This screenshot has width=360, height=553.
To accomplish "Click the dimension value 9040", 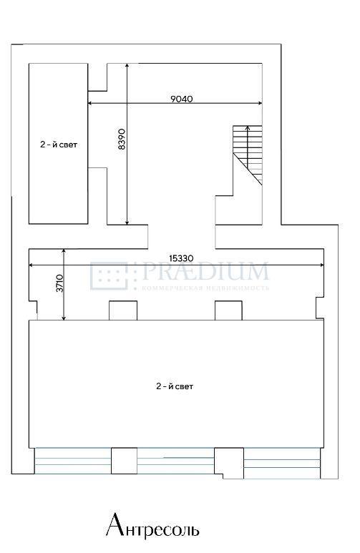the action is pos(182,99).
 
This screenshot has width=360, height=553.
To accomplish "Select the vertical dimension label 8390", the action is pos(122,139).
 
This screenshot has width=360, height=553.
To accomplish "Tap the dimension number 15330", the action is pos(181,258).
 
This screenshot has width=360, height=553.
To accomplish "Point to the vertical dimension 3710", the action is pos(60,283).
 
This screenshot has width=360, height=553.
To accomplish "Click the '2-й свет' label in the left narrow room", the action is pos(59,145).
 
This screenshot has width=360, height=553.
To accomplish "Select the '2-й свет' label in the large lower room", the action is pos(175,386).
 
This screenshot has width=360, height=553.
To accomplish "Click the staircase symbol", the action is pos(248,155).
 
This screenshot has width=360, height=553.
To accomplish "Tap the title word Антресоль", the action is pos(152,526).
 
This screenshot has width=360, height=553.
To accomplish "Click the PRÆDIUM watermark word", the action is pos(205,271).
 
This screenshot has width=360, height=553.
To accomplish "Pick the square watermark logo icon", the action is pos(109,276).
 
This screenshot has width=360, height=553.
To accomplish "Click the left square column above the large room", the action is pos(123,310).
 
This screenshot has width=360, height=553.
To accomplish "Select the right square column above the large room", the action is pos(229,310).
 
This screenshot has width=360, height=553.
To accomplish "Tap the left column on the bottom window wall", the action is pos(125,461).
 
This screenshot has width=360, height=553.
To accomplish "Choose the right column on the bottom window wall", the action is pos(229,463).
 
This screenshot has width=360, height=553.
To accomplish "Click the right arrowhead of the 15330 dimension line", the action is pos(322,265).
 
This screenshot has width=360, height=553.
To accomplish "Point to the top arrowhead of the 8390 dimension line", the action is pos(127,66).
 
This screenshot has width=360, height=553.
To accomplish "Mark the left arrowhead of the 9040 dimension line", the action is pos(90,103).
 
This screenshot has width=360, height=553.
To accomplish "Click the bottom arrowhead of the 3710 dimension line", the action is pos(64,318).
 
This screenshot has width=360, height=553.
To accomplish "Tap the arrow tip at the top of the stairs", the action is pos(248,127).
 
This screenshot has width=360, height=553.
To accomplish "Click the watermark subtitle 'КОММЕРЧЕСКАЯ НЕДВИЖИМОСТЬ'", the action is pos(205,288).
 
